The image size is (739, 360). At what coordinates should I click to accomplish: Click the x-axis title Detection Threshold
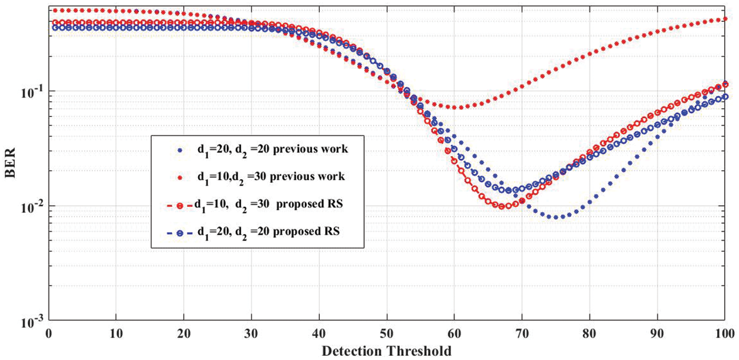[387, 351]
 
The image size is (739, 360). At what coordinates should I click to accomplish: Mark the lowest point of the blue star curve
[556, 217]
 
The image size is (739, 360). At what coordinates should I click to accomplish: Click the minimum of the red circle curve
[502, 206]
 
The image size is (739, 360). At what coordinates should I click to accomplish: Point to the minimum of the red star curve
[454, 107]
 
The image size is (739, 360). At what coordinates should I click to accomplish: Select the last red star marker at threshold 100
[725, 19]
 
